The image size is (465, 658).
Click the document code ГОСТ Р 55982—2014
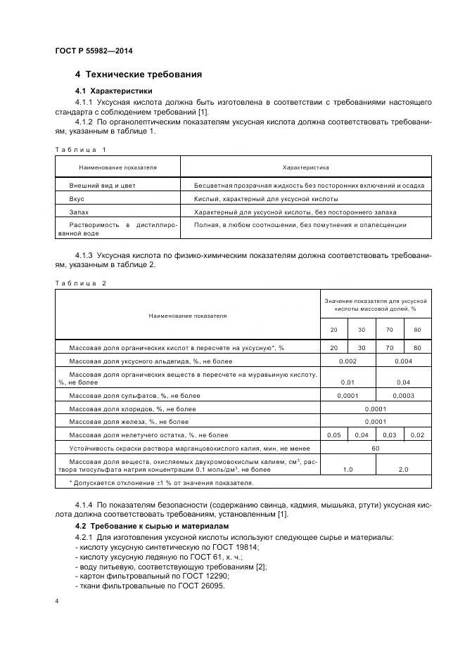tap(94, 51)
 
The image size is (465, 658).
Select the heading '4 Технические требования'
tap(139, 75)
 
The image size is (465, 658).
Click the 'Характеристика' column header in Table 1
tap(305, 168)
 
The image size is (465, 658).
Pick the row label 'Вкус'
tap(77, 199)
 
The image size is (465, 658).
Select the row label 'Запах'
tap(79, 212)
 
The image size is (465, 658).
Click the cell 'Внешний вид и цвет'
tap(102, 186)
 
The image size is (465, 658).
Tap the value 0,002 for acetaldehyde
tap(348, 361)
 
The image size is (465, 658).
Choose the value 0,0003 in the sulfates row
tap(403, 396)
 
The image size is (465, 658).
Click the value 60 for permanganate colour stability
tap(376, 447)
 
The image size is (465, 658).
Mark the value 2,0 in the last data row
tap(403, 468)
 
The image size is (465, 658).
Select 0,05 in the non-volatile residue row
tap(334, 434)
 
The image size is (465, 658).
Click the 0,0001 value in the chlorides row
tap(376, 408)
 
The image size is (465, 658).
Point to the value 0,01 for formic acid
tap(348, 382)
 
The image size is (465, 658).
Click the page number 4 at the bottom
tap(56, 602)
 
